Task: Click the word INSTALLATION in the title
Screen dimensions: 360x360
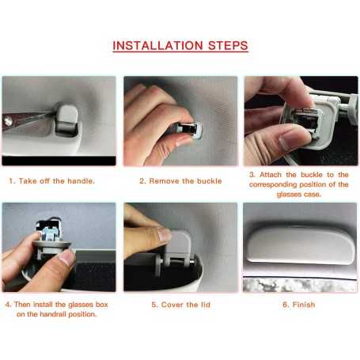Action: click(x=157, y=46)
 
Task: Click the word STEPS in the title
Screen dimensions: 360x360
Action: click(x=228, y=46)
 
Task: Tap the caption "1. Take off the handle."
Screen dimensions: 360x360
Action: click(x=51, y=181)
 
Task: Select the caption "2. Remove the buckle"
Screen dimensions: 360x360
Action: click(x=180, y=181)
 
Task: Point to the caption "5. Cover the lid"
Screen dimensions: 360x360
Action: click(x=180, y=305)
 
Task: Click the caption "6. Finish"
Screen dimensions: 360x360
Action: click(x=299, y=305)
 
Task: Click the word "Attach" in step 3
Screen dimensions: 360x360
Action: click(x=271, y=175)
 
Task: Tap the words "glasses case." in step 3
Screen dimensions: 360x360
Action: click(x=299, y=195)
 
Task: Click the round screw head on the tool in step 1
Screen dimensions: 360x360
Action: click(x=8, y=121)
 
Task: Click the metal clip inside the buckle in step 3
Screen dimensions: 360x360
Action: click(x=307, y=121)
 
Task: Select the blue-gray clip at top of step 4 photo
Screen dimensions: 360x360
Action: click(x=50, y=232)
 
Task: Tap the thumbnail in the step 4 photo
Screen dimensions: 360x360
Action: click(x=67, y=256)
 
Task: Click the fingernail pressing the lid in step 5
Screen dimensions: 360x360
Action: click(x=165, y=234)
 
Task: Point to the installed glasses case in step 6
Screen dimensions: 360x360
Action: click(x=301, y=244)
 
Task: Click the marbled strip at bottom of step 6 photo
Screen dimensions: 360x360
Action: click(x=300, y=286)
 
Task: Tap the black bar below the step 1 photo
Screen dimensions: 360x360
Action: click(x=59, y=161)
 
